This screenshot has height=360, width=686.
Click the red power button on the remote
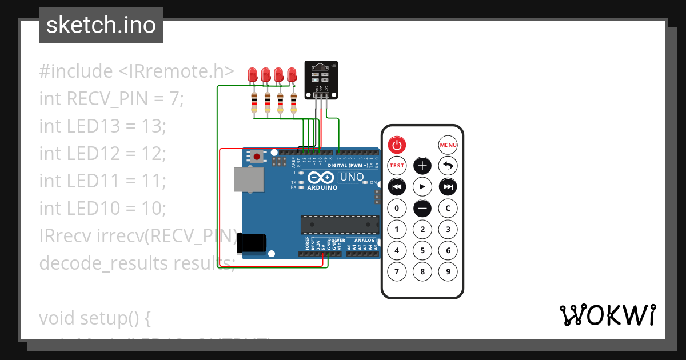[x=397, y=145]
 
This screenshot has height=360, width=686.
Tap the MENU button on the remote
[x=448, y=145]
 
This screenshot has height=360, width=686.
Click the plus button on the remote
[x=422, y=166]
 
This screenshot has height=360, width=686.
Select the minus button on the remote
[x=422, y=209]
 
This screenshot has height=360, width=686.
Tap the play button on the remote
[x=422, y=187]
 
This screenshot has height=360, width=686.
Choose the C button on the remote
[x=448, y=209]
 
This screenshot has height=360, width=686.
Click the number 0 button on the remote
[x=397, y=209]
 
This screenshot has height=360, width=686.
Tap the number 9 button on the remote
[x=448, y=271]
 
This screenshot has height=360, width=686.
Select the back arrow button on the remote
[x=448, y=166]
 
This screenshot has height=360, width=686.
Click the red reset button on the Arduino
[x=257, y=156]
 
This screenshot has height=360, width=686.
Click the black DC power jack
[x=252, y=243]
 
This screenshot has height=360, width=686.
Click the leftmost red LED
[x=253, y=75]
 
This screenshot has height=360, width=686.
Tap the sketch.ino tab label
[x=101, y=25]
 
